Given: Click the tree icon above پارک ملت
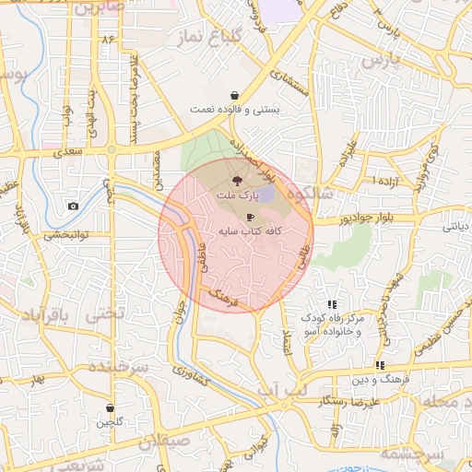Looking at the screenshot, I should (236, 180).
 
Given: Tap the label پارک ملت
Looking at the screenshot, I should (237, 195).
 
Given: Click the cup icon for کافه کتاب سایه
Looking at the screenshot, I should (251, 218).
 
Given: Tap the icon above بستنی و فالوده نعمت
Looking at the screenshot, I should (235, 95).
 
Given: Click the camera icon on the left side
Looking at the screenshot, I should (73, 206).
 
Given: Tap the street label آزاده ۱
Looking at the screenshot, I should (381, 179).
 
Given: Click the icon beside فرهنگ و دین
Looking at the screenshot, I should (380, 366).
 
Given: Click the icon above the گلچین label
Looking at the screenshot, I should (111, 408).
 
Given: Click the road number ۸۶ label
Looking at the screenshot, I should (109, 39).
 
